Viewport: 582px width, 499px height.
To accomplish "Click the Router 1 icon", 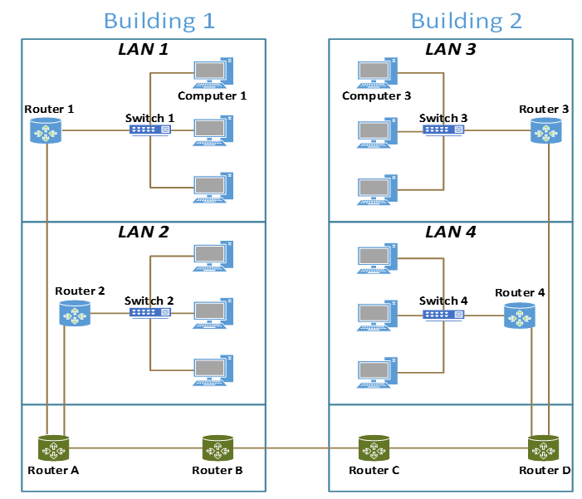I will [x=46, y=130].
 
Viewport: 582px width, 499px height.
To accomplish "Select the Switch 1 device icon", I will [x=150, y=130].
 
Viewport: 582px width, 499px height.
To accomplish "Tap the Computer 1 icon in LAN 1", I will [x=213, y=73].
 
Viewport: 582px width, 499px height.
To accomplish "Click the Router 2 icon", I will [x=75, y=313].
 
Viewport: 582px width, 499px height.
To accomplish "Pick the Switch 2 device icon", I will [x=150, y=313].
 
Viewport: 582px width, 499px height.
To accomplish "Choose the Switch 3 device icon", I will [x=444, y=130].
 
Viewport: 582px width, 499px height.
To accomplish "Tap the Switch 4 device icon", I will [x=443, y=315].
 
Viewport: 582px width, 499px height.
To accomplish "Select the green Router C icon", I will [x=374, y=448].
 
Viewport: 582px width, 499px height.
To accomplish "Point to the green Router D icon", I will [x=545, y=448].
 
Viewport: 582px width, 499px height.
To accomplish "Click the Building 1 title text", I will [x=159, y=20].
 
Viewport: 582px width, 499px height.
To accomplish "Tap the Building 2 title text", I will [x=467, y=20].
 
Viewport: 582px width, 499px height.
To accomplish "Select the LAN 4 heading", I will [x=452, y=232].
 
